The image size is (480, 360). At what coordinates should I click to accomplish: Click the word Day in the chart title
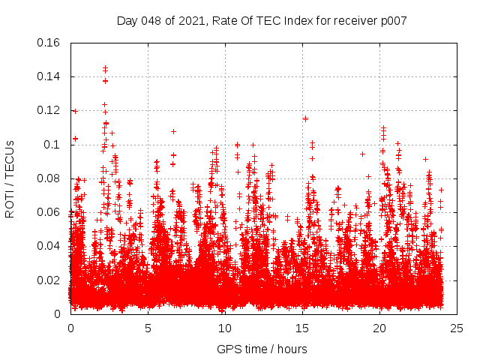pos(127,20)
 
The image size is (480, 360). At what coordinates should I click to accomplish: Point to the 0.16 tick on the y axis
pos(49,43)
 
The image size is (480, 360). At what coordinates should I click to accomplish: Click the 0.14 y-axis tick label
pos(49,76)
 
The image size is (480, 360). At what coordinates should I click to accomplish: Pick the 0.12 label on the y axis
pos(49,110)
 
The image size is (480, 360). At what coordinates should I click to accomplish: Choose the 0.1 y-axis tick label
pos(53,144)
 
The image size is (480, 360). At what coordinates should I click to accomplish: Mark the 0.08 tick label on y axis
pos(49,178)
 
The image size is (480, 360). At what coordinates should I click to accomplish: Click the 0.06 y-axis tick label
pos(49,212)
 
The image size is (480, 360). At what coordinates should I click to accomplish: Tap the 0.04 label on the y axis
pos(49,246)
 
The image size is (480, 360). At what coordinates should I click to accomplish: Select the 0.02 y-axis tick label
pos(49,280)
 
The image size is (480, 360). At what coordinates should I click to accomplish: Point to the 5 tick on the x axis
pos(148,328)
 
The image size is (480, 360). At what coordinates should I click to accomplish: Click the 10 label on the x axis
pos(225,328)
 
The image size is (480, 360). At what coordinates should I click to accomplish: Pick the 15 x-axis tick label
pos(302,328)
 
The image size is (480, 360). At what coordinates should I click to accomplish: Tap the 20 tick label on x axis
pos(379,328)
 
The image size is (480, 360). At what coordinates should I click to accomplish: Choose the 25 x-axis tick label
pos(457,328)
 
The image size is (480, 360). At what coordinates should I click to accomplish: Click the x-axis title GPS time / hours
pos(262,349)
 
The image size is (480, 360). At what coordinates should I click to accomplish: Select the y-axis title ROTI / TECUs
pos(10,178)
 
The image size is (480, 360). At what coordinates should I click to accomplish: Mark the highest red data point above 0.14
pos(105,68)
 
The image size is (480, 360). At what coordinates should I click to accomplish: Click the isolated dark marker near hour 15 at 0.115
pos(305,118)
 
